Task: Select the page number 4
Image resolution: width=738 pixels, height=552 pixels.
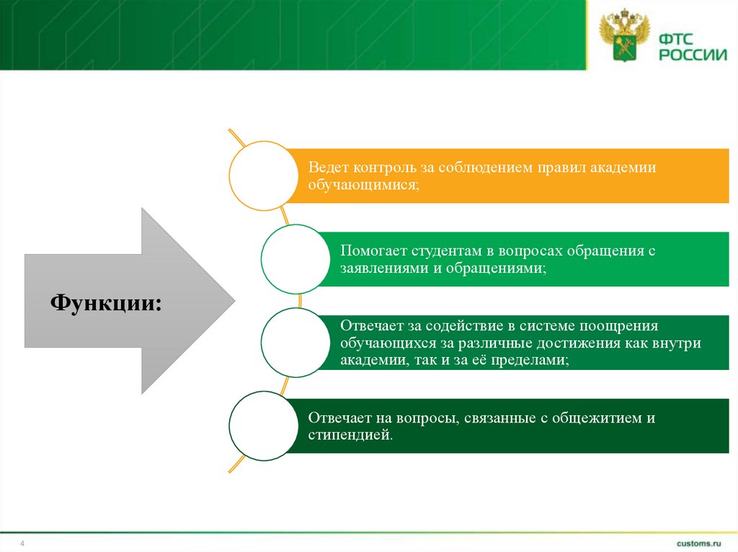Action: (22, 543)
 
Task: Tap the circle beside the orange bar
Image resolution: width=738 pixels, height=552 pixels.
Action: (263, 176)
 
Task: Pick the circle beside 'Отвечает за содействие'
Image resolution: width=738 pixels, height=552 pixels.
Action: (295, 343)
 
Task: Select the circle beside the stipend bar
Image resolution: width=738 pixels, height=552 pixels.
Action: (263, 426)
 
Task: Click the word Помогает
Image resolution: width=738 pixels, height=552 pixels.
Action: (373, 251)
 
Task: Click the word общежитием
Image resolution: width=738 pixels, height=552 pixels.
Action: (592, 418)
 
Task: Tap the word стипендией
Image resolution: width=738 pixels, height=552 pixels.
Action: (350, 435)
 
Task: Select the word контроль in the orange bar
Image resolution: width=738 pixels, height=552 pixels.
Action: (386, 168)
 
